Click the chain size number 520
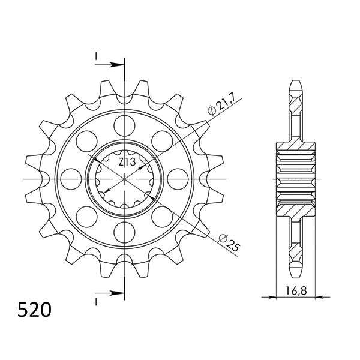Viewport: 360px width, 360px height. [x=34, y=310]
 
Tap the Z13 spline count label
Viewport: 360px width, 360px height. [x=127, y=162]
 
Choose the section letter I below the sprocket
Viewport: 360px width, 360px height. [x=96, y=299]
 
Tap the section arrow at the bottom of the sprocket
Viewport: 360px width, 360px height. [x=114, y=293]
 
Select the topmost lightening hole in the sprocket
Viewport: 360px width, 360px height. [x=125, y=125]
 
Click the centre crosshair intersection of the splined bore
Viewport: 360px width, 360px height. [x=125, y=179]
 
